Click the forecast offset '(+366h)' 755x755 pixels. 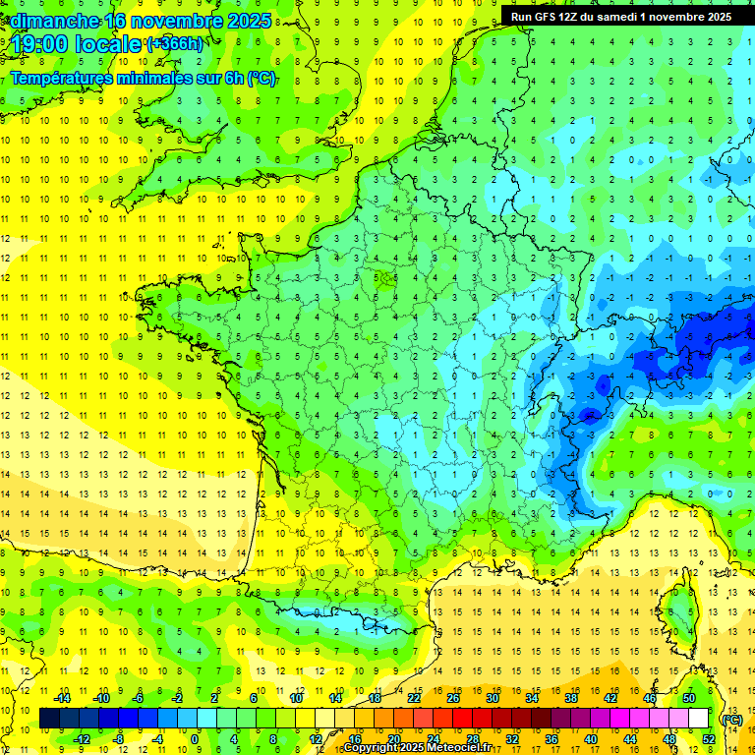(175, 44)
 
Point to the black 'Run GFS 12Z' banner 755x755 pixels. (620, 16)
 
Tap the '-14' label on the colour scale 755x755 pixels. (62, 698)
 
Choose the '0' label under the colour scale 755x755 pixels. (195, 738)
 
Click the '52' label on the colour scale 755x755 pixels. (708, 738)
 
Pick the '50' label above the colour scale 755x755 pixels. (688, 698)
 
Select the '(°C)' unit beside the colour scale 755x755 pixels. (732, 719)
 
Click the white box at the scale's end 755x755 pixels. (698, 719)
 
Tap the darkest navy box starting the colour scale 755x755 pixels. (49, 719)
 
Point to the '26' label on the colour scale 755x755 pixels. (452, 698)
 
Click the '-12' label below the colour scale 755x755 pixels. (83, 738)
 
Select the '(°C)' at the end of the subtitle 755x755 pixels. (261, 79)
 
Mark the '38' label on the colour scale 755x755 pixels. (570, 698)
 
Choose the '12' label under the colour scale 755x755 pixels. (315, 738)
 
